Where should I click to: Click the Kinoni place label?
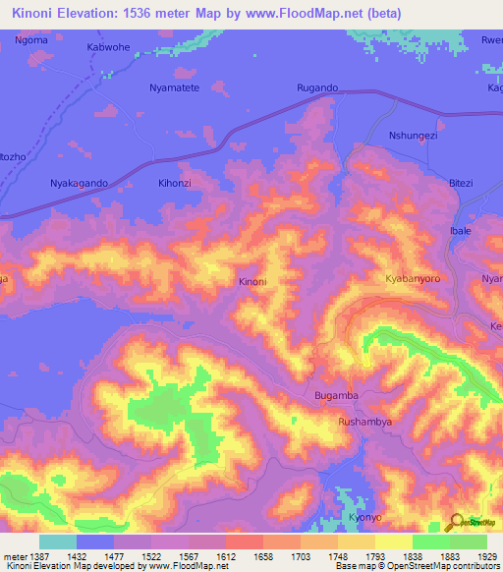point(252,282)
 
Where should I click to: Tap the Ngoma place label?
point(31,41)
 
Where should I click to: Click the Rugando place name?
point(317,88)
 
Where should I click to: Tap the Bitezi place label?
point(460,183)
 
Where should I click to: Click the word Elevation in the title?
point(97,14)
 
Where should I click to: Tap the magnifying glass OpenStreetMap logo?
point(458,523)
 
